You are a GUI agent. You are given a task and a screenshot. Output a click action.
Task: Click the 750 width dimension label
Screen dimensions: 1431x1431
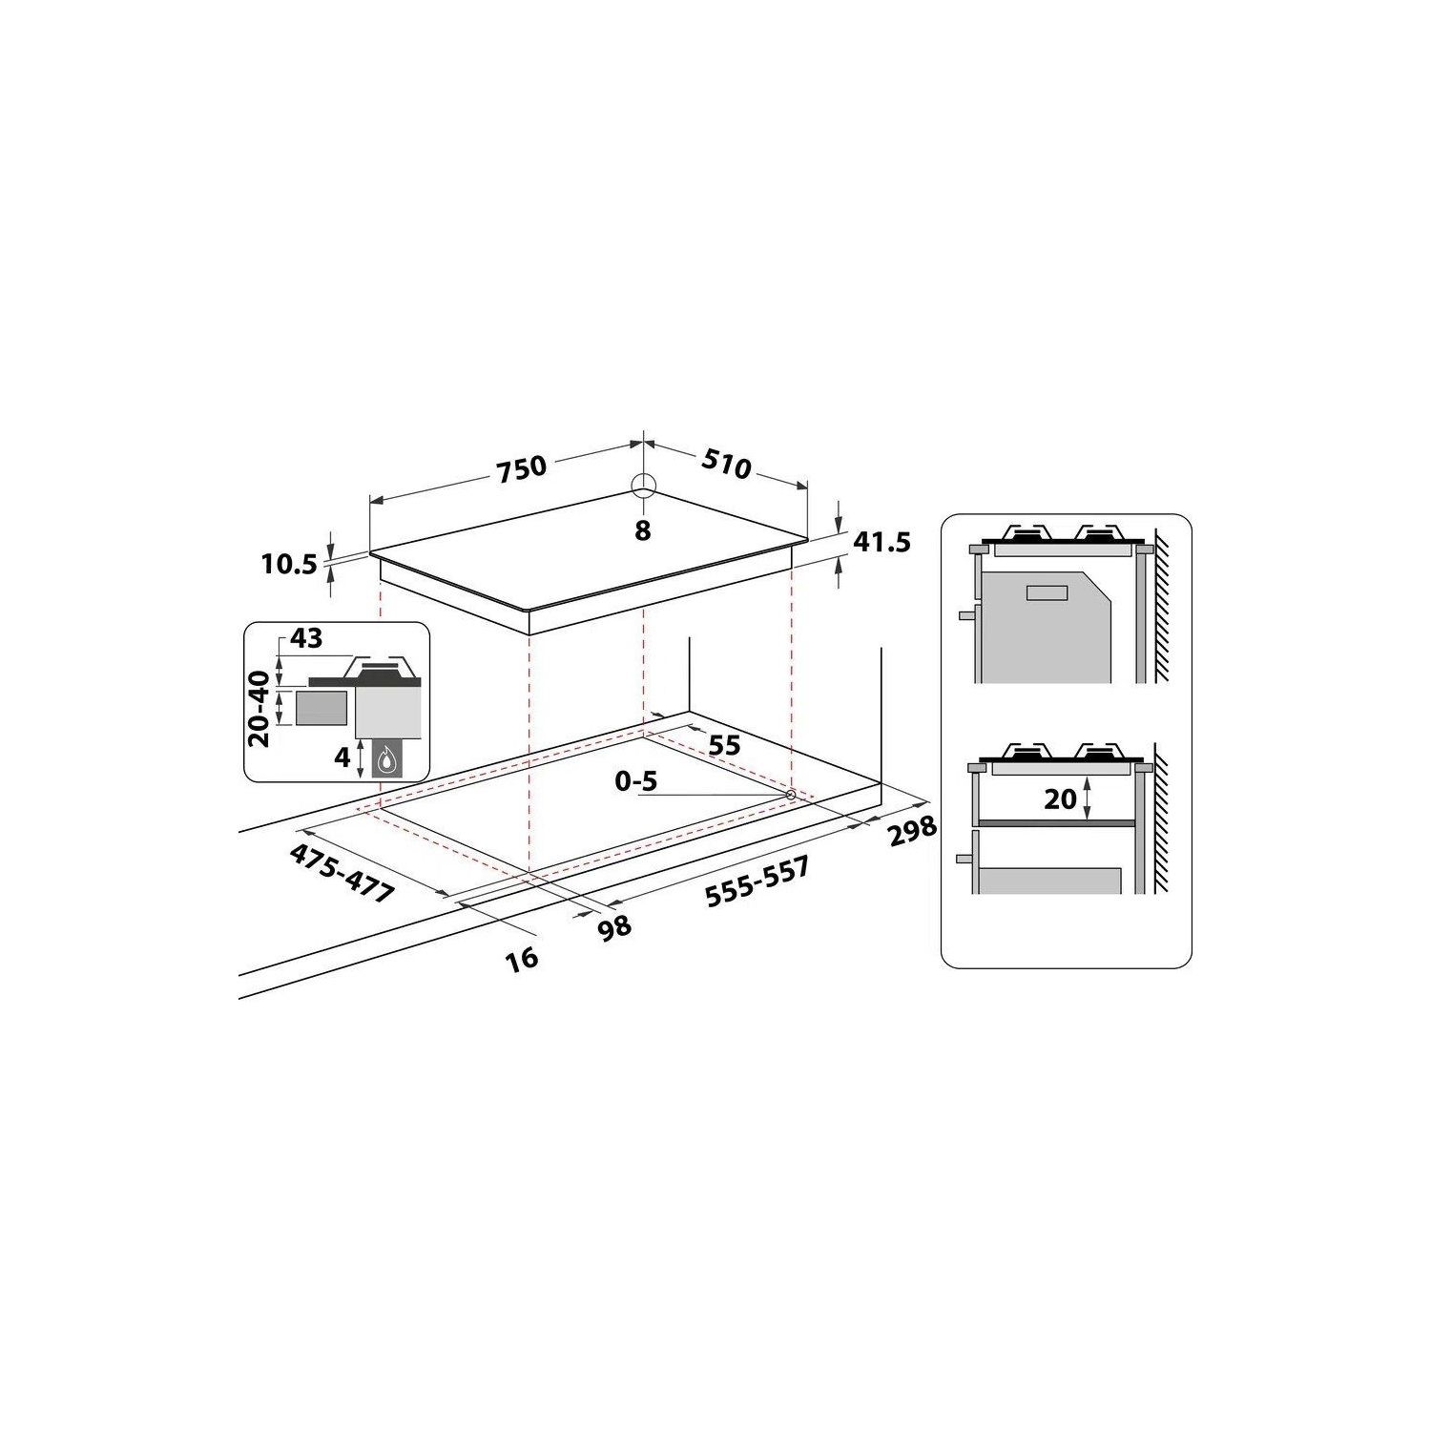tap(521, 467)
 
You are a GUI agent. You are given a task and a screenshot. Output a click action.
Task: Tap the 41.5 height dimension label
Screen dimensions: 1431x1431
tap(881, 543)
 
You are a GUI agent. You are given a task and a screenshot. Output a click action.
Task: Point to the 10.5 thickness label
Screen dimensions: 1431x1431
tap(288, 565)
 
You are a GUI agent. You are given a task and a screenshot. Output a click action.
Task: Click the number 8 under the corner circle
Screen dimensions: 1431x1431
tap(642, 530)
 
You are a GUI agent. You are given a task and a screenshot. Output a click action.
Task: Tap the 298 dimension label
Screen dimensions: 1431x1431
tap(912, 831)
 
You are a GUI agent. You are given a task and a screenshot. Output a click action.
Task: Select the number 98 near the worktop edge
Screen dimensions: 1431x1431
tap(614, 925)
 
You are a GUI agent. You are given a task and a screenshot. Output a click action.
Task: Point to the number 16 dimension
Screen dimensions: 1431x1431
tap(522, 958)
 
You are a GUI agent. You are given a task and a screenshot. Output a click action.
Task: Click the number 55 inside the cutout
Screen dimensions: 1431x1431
tap(724, 744)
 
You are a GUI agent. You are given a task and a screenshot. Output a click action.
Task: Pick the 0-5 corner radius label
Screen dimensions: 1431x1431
tap(636, 782)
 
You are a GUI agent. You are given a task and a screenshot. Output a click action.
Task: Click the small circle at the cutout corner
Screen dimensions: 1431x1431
tap(790, 794)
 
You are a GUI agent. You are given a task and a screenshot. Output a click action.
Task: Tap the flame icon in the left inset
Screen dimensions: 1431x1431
tap(385, 759)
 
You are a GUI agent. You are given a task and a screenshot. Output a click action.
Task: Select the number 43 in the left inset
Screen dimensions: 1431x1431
tap(306, 639)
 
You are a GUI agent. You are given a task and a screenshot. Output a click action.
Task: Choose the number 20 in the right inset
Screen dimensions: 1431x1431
tap(1060, 798)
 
